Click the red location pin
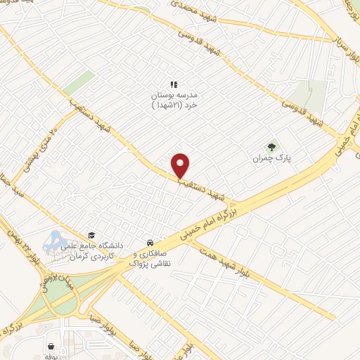(181, 165)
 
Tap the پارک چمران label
(271, 159)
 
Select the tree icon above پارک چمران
(271, 146)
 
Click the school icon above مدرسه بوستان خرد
(173, 85)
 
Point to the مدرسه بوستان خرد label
(172, 99)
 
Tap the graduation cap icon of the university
(90, 235)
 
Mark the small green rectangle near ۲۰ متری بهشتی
(81, 83)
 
